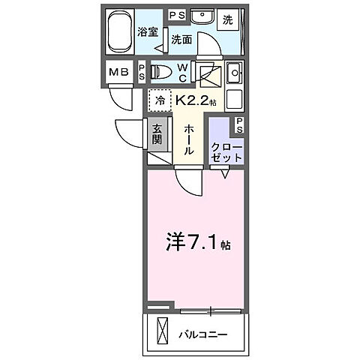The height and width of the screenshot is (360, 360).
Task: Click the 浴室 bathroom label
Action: [148, 32]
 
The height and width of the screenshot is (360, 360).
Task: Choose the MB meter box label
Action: [119, 73]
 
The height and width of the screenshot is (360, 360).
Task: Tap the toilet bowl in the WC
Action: [162, 71]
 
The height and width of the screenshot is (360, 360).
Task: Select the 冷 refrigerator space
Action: [160, 99]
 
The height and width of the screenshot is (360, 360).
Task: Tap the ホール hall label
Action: [189, 139]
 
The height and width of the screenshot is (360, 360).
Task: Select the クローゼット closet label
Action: [226, 152]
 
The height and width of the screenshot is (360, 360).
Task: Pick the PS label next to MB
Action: [141, 72]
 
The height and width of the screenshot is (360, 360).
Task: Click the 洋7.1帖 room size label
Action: [197, 243]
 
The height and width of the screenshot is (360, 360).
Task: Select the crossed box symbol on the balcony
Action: [163, 329]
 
